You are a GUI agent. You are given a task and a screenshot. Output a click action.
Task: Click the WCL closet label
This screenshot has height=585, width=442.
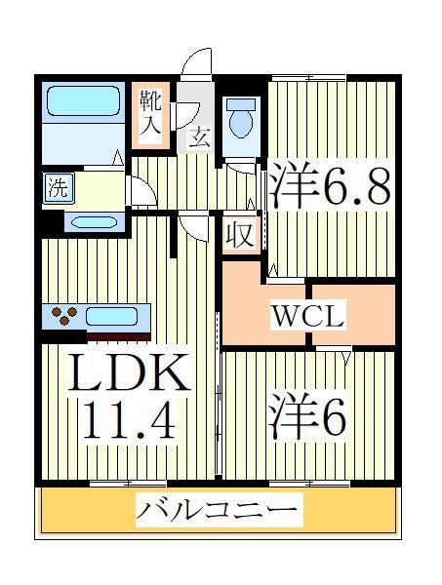(x=306, y=317)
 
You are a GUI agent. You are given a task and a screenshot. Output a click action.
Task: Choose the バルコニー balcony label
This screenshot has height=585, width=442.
(x=217, y=510)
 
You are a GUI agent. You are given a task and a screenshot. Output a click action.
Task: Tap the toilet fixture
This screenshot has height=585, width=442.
(x=239, y=121)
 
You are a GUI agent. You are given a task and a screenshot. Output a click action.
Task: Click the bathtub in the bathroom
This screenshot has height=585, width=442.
(x=82, y=103)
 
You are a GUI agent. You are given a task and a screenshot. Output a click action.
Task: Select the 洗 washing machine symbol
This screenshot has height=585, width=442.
(x=58, y=186)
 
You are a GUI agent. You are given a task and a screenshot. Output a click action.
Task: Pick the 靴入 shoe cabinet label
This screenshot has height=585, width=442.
(x=149, y=112)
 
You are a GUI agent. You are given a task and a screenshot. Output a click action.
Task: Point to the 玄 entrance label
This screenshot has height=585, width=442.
(x=198, y=136)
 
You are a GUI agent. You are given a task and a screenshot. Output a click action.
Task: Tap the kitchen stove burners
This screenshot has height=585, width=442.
(x=65, y=316)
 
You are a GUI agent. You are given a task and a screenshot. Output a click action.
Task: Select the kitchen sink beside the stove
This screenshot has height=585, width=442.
(x=115, y=316)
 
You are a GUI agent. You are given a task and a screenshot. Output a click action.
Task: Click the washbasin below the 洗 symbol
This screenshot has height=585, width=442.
(x=93, y=221)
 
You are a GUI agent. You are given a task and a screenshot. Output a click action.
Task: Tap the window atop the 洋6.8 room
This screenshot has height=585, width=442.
(x=308, y=76)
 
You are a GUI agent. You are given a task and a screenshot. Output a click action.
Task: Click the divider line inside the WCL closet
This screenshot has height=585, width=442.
(x=309, y=314)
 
